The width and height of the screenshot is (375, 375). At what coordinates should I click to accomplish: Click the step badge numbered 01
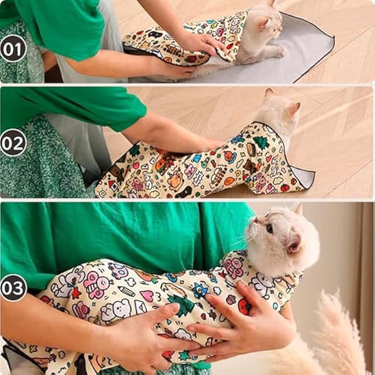coord(13,48)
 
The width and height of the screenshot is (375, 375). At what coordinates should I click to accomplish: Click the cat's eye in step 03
coord(269,229)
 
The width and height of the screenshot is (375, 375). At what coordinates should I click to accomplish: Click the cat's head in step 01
coord(265,26)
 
